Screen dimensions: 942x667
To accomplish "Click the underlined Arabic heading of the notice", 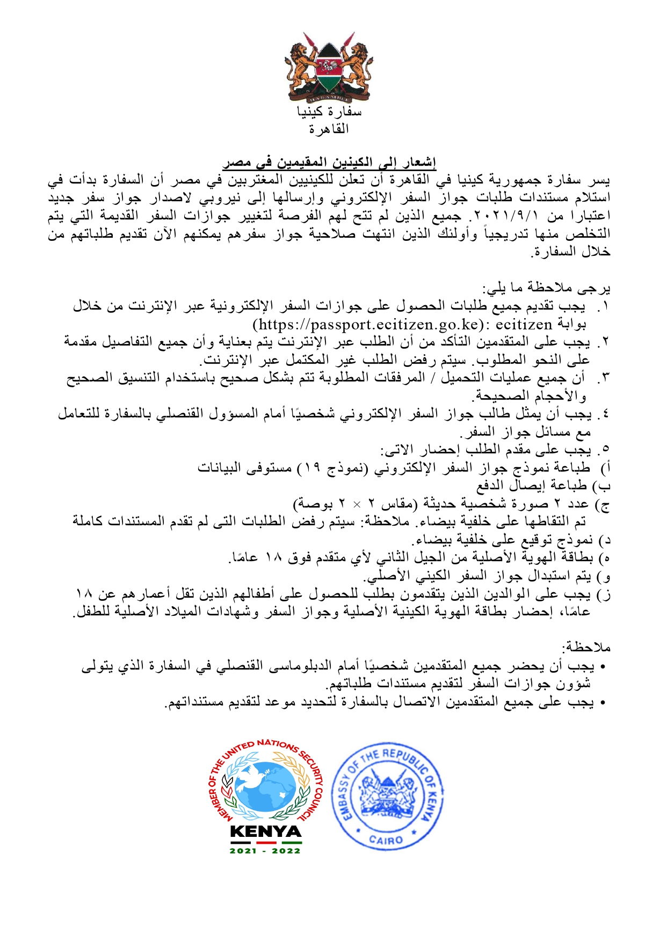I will click(x=329, y=161).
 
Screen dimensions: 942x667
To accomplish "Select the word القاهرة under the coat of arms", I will click(x=329, y=129).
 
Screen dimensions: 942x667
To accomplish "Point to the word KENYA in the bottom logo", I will click(x=265, y=832).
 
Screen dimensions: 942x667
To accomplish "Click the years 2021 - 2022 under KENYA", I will click(x=265, y=851).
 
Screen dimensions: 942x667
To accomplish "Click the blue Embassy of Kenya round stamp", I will click(x=387, y=796).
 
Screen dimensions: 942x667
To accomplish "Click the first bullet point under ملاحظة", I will click(x=603, y=667).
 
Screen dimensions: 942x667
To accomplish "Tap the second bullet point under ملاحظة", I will click(x=603, y=703).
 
